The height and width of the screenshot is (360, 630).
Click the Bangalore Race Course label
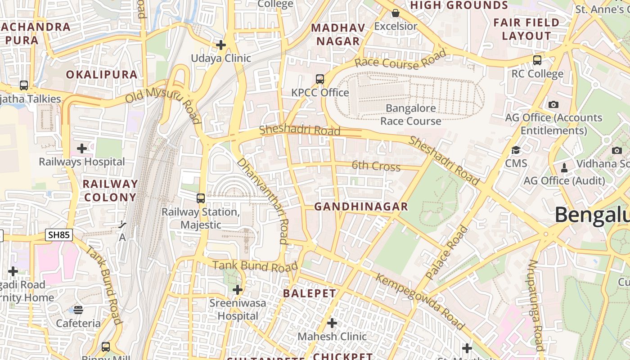410,115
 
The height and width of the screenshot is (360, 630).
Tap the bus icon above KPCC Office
320,79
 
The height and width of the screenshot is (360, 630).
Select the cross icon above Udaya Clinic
221,45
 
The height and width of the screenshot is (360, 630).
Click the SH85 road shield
59,234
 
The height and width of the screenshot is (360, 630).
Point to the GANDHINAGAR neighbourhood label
361,207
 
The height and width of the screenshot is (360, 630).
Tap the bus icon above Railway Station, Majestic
201,198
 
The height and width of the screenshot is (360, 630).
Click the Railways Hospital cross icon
82,148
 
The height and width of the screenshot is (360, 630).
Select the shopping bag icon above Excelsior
395,13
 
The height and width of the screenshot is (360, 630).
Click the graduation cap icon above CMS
516,150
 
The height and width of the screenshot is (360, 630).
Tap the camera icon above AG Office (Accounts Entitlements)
553,104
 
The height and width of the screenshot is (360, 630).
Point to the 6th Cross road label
376,166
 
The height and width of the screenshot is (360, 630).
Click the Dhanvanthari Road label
262,201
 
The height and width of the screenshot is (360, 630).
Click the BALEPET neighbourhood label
309,293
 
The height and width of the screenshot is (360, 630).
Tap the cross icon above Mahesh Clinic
332,323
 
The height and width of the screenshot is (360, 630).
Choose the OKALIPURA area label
102,75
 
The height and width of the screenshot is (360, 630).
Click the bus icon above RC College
537,60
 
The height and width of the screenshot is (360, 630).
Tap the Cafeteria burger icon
78,310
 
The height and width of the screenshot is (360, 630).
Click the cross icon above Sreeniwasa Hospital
238,290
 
